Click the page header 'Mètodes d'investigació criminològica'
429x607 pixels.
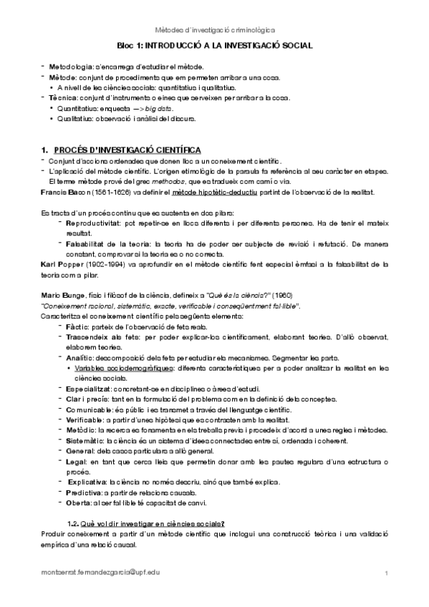tap(214, 29)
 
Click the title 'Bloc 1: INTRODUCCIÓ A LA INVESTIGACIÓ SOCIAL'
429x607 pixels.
tap(214, 45)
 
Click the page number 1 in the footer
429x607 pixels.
tap(386, 574)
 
